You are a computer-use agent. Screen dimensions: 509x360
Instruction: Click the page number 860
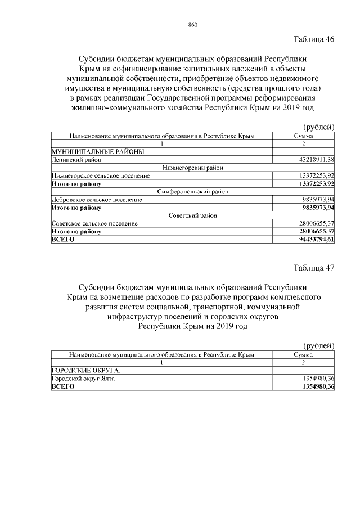point(193,25)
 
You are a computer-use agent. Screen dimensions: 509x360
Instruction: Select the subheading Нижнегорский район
point(193,168)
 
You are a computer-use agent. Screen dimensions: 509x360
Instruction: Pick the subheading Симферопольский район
point(193,192)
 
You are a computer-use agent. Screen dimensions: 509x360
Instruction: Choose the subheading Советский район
point(193,215)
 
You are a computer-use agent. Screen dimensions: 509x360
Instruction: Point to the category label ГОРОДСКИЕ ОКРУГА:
point(86,371)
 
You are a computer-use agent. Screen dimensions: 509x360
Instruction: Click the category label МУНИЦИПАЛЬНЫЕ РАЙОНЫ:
point(98,152)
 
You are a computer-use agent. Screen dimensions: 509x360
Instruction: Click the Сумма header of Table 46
point(304,136)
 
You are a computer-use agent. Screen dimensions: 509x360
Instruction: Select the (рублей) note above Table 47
point(319,345)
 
